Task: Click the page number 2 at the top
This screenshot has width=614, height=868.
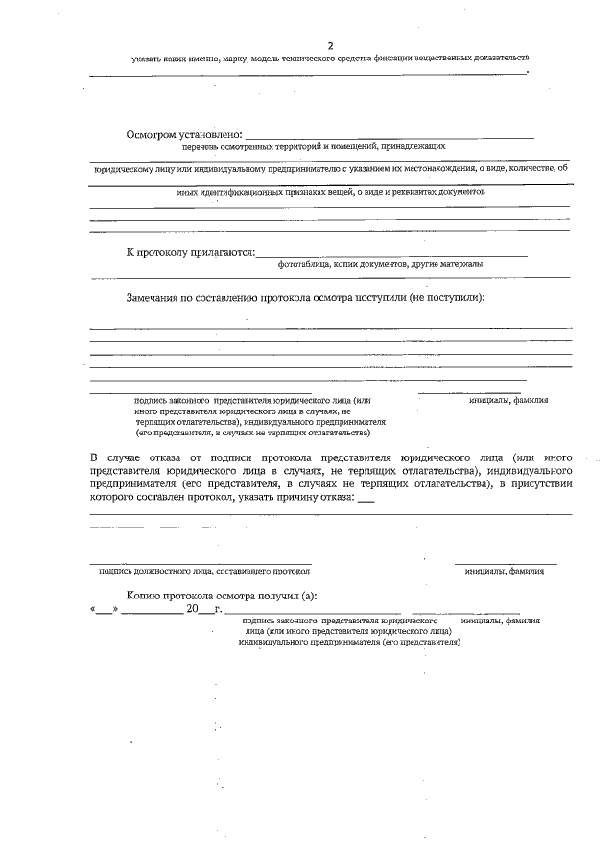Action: tap(331, 45)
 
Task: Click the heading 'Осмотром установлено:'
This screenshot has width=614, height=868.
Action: tap(184, 134)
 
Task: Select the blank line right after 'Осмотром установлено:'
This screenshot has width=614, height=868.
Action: tap(390, 137)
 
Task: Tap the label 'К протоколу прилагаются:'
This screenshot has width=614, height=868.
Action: tap(191, 252)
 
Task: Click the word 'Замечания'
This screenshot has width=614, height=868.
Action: tap(158, 297)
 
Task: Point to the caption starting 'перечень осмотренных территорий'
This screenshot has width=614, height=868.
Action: tap(315, 147)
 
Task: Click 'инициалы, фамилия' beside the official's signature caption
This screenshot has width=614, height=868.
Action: tap(505, 572)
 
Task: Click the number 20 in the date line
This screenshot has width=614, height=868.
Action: tap(192, 609)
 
